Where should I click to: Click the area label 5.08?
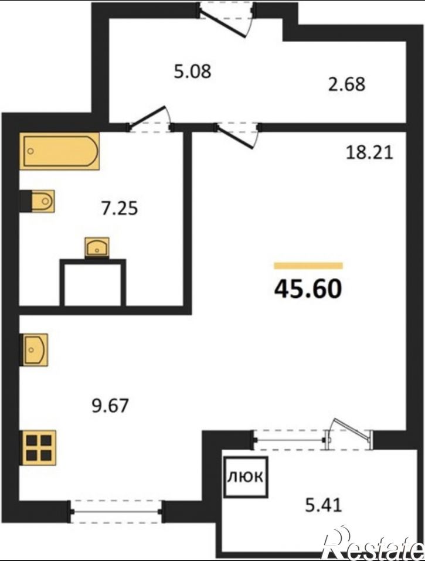point(192,71)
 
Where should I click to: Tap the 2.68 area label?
point(346,84)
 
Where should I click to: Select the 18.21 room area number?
point(369,153)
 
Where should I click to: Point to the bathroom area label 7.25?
point(120,209)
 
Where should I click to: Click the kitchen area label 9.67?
point(110,406)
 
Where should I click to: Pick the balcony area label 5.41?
point(324,505)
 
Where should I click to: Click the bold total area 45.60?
point(308,289)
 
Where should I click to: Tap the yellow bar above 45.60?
point(308,266)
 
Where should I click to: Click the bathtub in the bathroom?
point(59,151)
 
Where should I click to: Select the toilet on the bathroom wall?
point(38,201)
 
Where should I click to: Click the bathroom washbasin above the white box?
point(97,247)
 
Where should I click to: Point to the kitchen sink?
point(35,350)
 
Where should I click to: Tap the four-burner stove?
point(39,448)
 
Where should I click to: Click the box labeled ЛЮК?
point(246,477)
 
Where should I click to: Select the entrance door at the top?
point(226,19)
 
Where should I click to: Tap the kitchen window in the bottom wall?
point(116,512)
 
